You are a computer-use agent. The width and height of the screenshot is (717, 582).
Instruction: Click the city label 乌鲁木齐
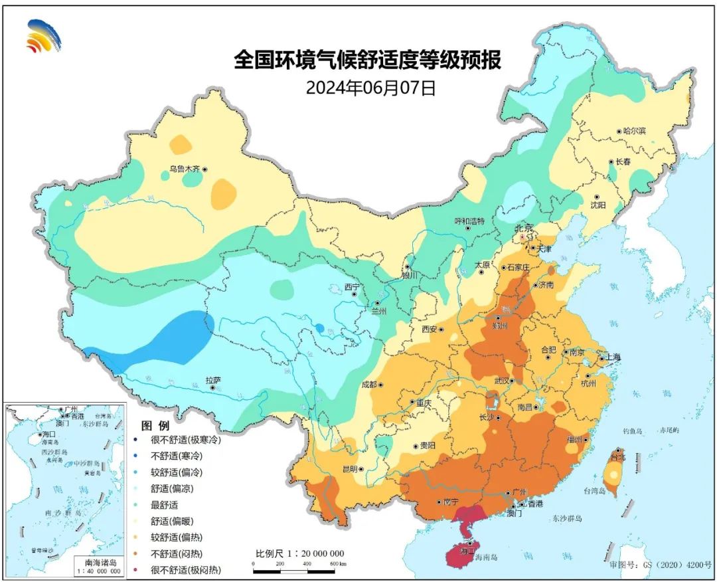[184, 169]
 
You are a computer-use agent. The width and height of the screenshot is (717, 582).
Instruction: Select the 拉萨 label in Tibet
[212, 380]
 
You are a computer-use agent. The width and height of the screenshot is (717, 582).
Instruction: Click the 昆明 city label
[349, 469]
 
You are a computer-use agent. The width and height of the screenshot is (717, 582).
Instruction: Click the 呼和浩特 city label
[469, 221]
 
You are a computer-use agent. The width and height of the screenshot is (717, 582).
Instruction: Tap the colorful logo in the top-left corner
[43, 36]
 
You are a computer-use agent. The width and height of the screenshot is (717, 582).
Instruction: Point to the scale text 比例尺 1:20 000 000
[300, 553]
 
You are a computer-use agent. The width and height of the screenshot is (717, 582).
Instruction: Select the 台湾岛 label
[596, 491]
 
